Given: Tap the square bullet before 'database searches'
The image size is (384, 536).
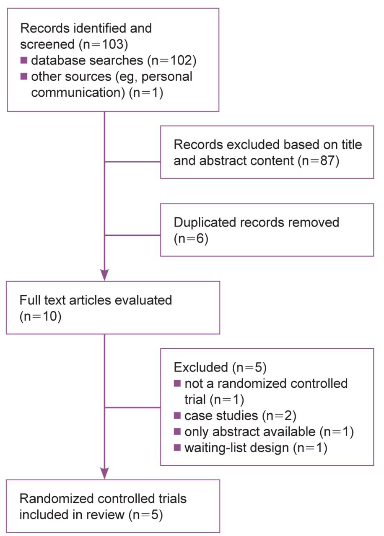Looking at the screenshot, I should pos(24,61).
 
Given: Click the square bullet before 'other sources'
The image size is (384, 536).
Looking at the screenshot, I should pos(24,77).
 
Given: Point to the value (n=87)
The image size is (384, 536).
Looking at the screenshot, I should pos(318,161).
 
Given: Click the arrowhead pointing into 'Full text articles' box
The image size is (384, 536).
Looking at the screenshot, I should pos(104,275).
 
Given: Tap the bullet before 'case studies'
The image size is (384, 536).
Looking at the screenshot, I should pos(177,416).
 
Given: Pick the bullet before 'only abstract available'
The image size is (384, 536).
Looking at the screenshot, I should pos(177,432).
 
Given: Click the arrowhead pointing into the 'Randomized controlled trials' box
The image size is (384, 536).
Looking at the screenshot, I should pos(104,473).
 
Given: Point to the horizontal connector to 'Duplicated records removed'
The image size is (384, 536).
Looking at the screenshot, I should pos(132,235).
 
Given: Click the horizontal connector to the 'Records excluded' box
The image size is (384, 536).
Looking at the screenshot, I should pos(132,161).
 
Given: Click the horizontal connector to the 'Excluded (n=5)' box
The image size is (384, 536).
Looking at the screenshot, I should pos(132,407).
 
